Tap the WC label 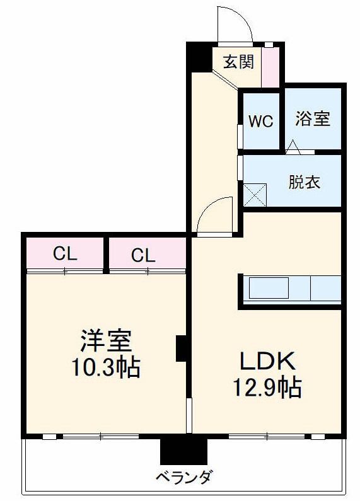click(x=260, y=121)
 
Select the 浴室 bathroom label click(x=313, y=118)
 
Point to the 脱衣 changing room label click(x=305, y=182)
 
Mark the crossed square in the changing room click(x=256, y=194)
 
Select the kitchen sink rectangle click(x=270, y=289)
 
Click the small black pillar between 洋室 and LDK click(x=181, y=348)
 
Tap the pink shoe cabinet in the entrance click(x=270, y=67)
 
